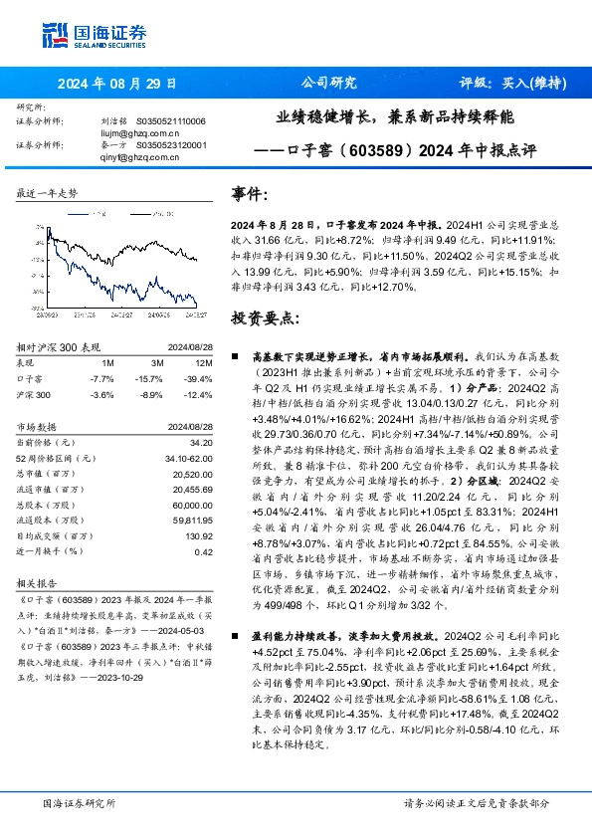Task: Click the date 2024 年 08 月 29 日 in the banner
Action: [117, 84]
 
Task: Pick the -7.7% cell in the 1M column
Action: [101, 379]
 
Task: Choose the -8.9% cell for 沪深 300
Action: [150, 395]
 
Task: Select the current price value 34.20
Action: [200, 442]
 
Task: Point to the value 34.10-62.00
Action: [192, 458]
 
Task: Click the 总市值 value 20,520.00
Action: [194, 475]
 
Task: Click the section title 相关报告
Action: [38, 584]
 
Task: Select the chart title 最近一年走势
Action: [48, 194]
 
